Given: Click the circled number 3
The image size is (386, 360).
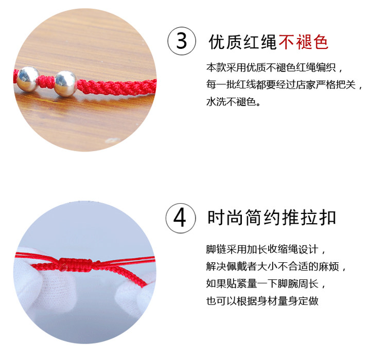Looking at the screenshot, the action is click(x=182, y=41).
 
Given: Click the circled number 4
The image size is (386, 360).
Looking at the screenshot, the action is click(x=181, y=218).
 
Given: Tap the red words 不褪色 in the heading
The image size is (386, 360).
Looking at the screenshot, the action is click(x=304, y=42).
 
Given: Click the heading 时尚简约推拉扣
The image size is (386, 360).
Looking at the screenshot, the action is click(x=272, y=218).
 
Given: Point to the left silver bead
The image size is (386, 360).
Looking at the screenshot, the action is click(x=28, y=79).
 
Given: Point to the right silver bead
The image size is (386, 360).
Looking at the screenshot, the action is click(x=65, y=83).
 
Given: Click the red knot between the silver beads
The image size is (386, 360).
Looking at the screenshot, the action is click(x=47, y=81).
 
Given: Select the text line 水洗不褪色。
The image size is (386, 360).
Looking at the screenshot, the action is click(x=233, y=102).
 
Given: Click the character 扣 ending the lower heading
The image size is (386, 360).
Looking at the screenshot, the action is click(x=328, y=218).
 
